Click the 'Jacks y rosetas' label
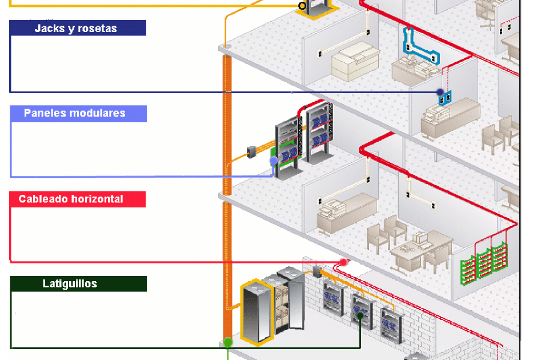[x=78, y=28]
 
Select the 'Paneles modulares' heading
[x=78, y=113]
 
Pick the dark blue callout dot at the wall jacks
[x=440, y=92]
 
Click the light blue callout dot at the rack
[x=274, y=161]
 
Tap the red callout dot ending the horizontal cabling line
[x=343, y=262]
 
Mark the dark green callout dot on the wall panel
[x=360, y=315]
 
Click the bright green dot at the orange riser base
[x=228, y=342]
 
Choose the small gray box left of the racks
[x=251, y=152]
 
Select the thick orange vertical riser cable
[x=227, y=200]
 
